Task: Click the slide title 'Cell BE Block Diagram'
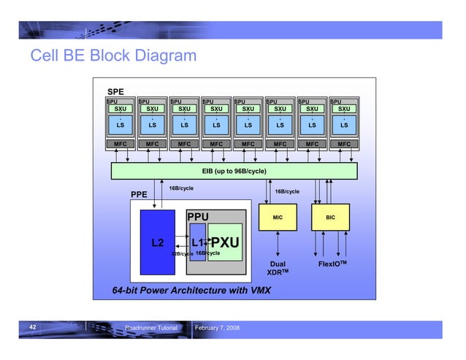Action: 112,56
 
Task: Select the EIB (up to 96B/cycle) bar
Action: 234,171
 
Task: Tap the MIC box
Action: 278,218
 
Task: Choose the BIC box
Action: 330,218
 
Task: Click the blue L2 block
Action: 157,242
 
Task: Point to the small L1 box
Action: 197,242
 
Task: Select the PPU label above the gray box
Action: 197,217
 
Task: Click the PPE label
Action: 139,195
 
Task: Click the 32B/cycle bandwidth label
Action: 181,254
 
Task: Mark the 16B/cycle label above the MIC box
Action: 286,191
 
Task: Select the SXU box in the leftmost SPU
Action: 120,109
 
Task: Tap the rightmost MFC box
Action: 343,145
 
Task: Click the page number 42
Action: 33,329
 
